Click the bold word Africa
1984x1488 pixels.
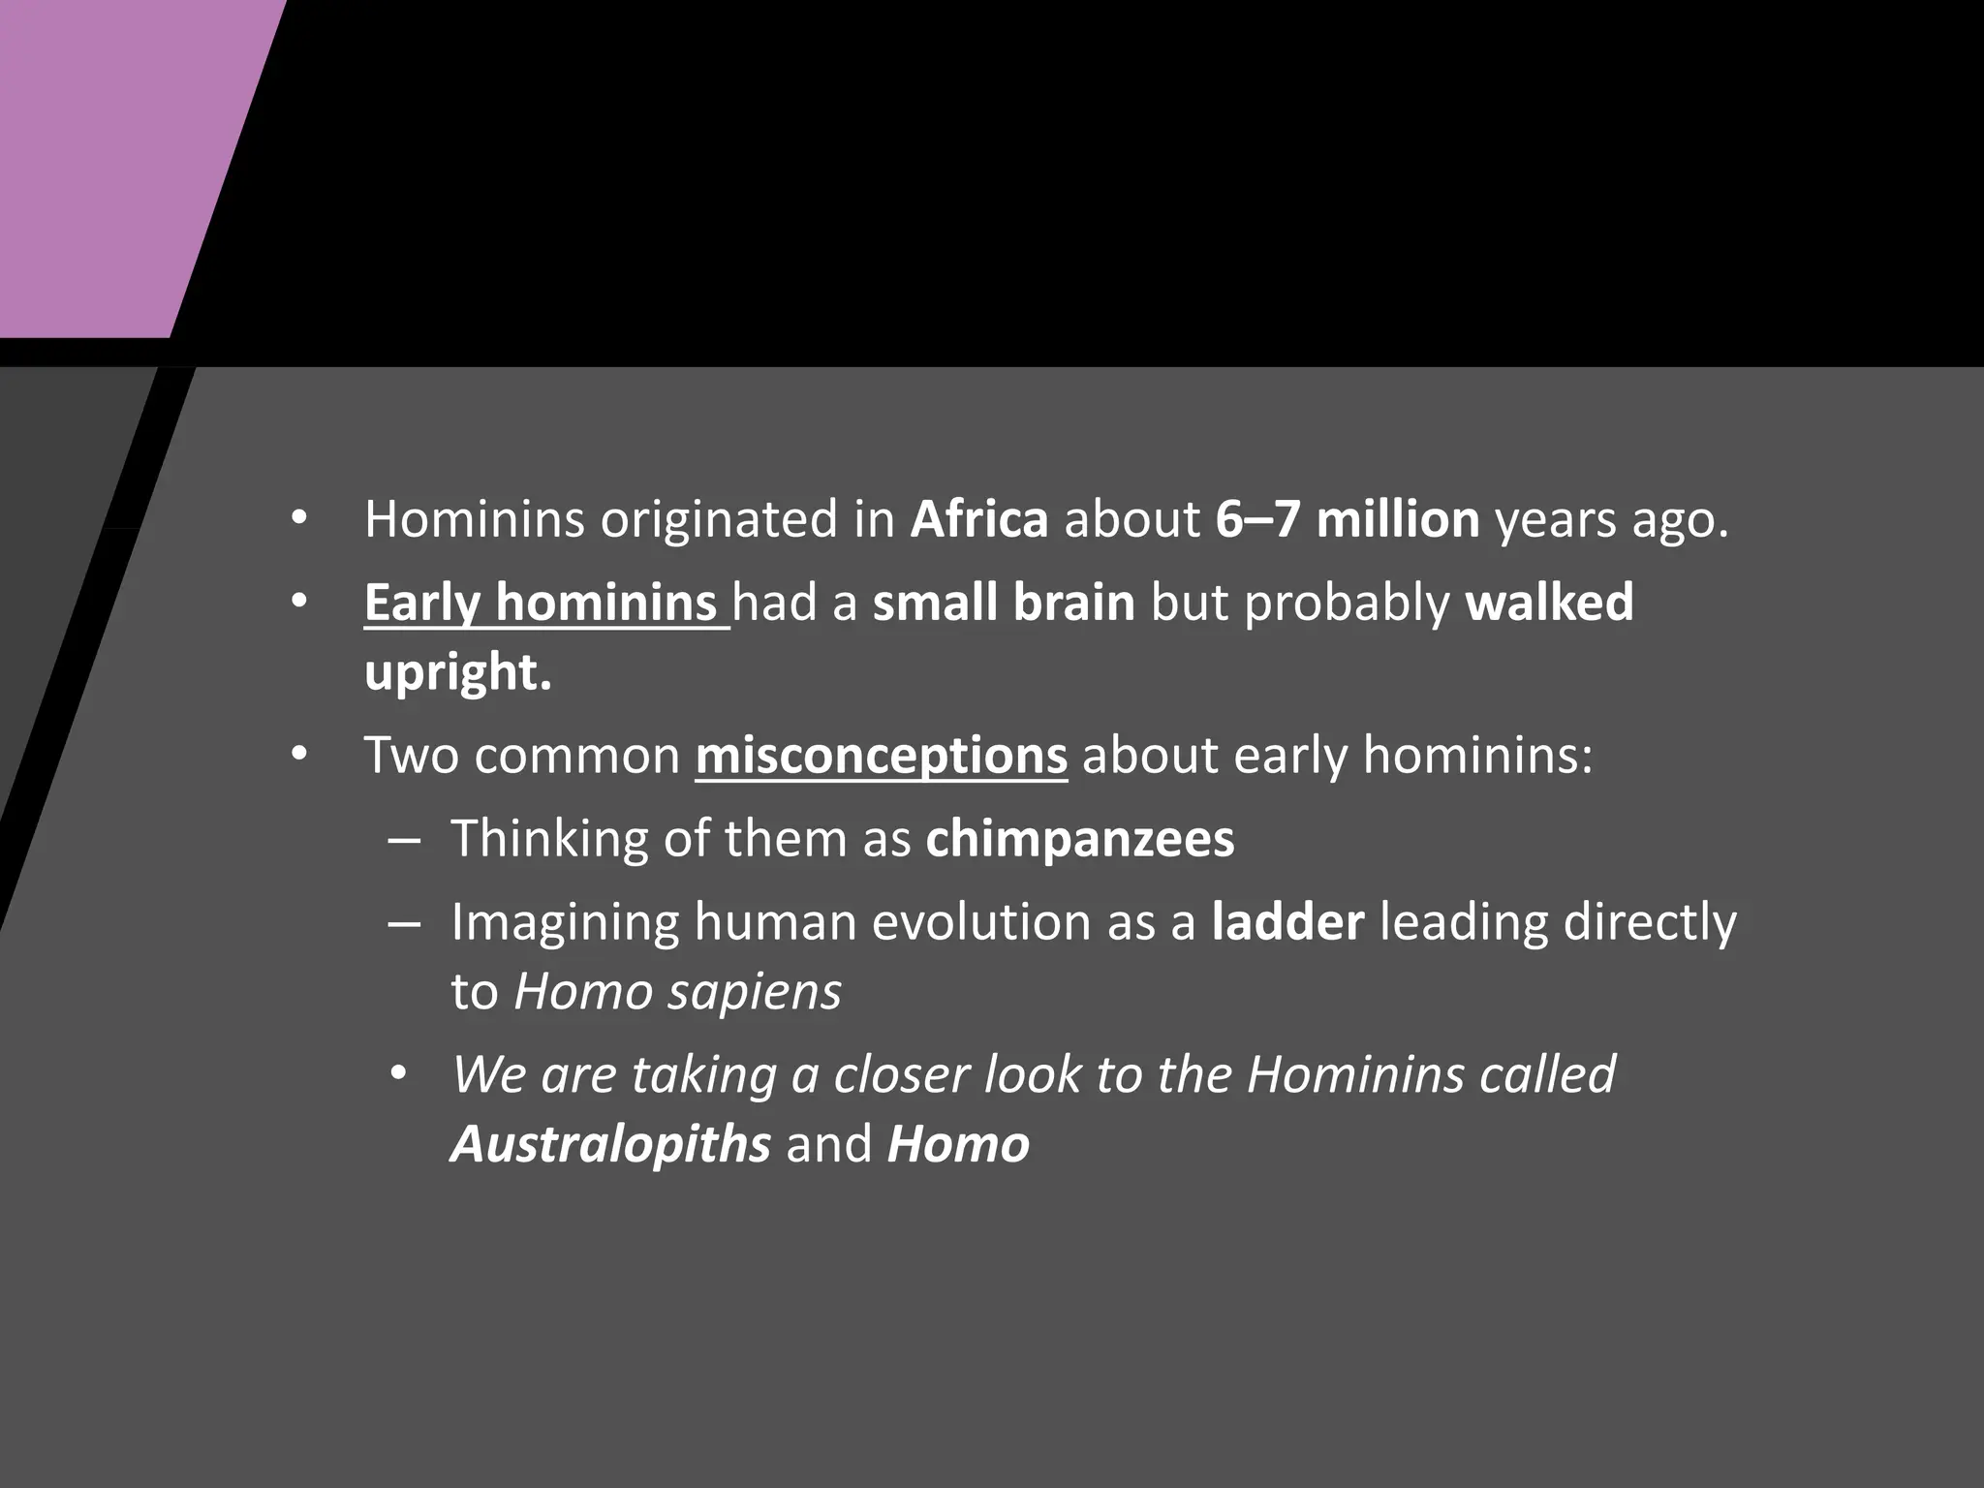point(978,519)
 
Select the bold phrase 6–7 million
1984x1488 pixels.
point(1347,519)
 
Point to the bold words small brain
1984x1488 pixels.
point(1004,603)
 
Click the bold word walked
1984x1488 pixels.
point(1549,603)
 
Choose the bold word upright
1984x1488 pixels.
point(457,672)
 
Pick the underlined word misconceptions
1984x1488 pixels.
point(881,756)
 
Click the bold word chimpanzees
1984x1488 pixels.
point(1079,839)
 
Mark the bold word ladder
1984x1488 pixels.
point(1287,922)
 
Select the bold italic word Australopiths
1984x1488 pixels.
point(610,1144)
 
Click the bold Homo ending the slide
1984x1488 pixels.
point(958,1144)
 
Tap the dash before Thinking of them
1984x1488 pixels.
point(403,840)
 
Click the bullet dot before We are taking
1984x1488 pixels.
point(398,1075)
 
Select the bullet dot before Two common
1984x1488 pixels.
point(299,755)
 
